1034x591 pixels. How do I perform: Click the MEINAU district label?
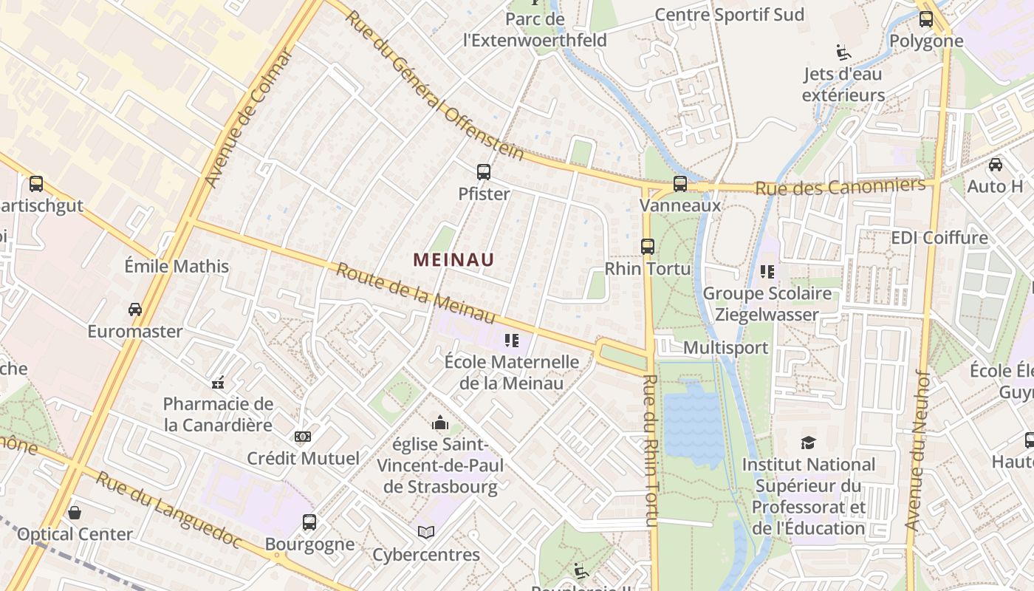[453, 260]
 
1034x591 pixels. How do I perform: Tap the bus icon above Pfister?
[484, 172]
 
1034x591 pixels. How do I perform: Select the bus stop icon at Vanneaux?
[680, 184]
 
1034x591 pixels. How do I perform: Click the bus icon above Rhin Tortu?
[648, 247]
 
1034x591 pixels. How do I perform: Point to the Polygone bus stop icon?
[926, 19]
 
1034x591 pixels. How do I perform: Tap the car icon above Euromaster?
[135, 309]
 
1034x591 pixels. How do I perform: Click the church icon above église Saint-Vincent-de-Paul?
[440, 423]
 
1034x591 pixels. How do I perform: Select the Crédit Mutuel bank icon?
[303, 437]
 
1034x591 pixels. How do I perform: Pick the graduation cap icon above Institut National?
[808, 443]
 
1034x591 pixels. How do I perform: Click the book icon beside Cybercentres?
[426, 532]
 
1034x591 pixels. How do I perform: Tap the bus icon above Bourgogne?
[309, 522]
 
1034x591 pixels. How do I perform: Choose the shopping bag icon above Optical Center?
[75, 512]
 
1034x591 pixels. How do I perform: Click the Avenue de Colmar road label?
[248, 118]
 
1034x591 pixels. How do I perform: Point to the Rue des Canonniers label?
[840, 186]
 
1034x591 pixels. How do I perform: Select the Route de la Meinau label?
[415, 293]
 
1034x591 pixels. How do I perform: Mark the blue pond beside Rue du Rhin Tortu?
[693, 425]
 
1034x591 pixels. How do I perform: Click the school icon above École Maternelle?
[511, 341]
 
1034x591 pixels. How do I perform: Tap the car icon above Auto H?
[996, 165]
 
